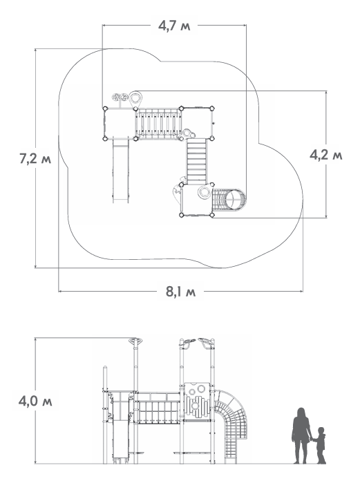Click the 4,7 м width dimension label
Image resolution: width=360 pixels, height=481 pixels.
174,26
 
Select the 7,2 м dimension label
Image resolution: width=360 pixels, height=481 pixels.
35,159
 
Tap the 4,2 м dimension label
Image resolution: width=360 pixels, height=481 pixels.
325,155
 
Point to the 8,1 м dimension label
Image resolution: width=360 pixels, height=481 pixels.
180,292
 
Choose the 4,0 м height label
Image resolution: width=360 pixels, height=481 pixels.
35,402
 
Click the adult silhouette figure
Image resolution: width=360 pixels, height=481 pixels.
301,435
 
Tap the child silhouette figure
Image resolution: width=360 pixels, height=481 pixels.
320,446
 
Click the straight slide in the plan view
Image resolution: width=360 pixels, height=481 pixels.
121,170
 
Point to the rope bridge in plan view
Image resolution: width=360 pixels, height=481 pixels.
158,123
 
